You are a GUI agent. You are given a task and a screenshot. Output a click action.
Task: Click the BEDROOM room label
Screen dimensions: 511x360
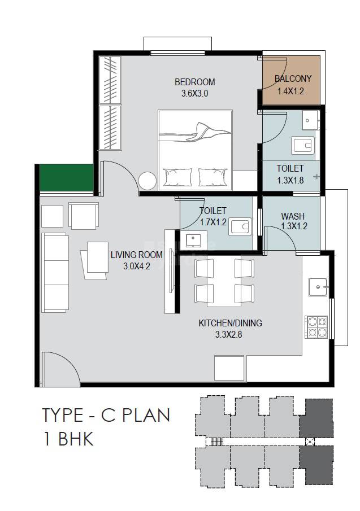pos(194,82)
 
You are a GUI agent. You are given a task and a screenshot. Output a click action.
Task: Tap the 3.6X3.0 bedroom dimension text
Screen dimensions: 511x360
pos(194,94)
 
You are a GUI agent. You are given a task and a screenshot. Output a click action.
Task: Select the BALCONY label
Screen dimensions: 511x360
pos(293,79)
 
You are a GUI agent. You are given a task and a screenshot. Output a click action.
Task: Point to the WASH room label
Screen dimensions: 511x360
pos(293,216)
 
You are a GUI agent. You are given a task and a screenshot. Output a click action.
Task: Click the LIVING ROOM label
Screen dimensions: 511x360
pos(137,255)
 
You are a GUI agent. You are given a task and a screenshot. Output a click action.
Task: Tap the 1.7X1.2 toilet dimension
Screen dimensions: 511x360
pos(213,222)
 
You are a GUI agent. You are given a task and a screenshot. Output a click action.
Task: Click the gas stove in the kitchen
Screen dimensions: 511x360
pos(316,327)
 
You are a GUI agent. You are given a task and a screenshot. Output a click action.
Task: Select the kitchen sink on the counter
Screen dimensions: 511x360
pos(317,287)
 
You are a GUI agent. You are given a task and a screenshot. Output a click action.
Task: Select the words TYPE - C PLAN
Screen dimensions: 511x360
pos(106,416)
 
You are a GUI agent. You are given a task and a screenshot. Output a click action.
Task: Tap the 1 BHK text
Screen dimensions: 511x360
pos(68,439)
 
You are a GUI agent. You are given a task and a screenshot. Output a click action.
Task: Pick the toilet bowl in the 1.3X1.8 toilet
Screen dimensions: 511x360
pos(303,146)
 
